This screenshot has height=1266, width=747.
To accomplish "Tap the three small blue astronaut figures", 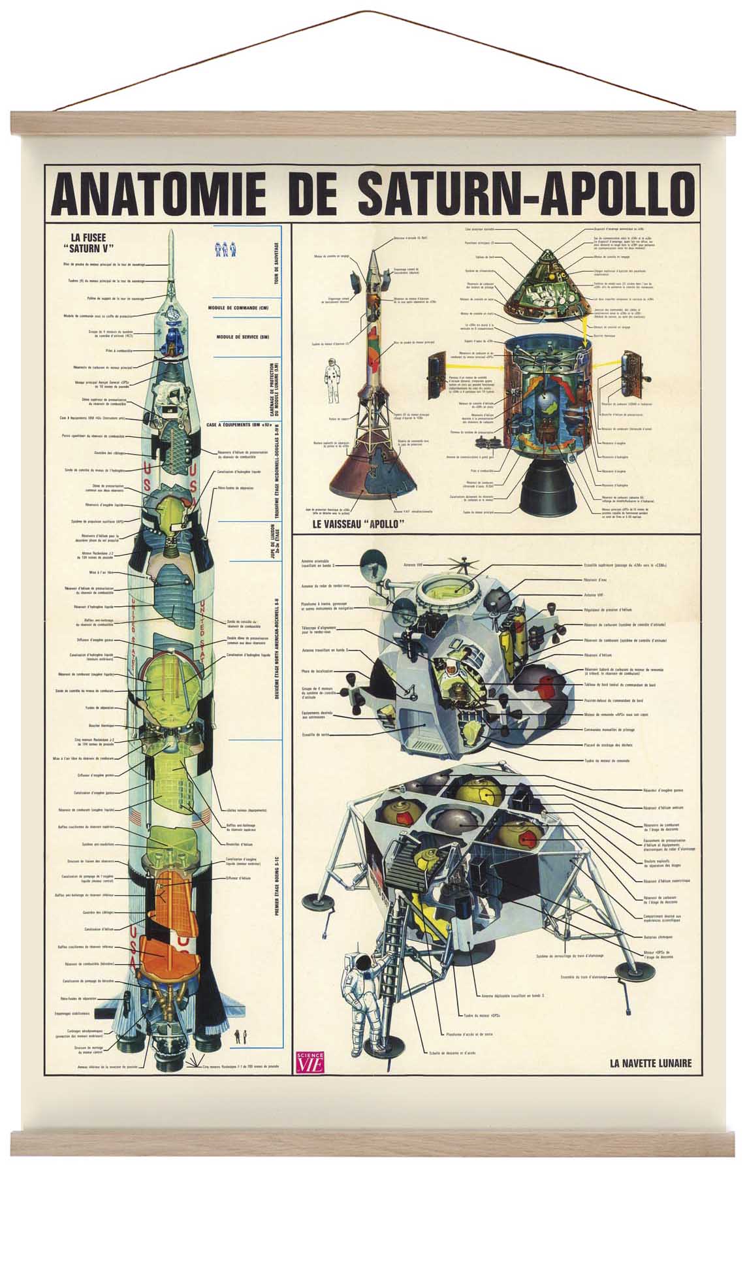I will click(x=224, y=249).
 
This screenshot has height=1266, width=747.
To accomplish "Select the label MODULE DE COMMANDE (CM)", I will click(x=238, y=308).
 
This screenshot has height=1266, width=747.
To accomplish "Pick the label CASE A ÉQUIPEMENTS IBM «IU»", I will click(x=238, y=425).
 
